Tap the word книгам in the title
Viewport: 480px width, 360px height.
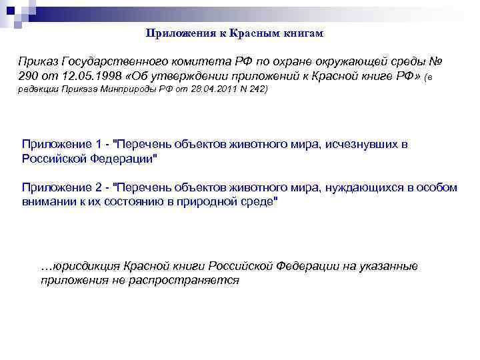[x=287, y=33]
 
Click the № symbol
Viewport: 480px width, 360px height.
[x=434, y=61]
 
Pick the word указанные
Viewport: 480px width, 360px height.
[x=389, y=266]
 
